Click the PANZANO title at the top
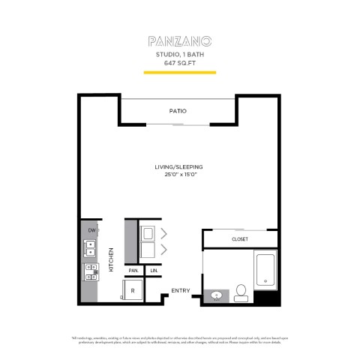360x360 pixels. click(x=179, y=39)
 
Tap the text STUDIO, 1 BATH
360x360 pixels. click(x=179, y=55)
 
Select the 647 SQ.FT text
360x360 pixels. click(x=179, y=63)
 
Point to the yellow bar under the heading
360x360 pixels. click(x=179, y=72)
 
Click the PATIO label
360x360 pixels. click(x=178, y=111)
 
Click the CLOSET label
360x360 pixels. click(x=239, y=239)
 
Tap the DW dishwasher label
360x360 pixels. click(x=91, y=230)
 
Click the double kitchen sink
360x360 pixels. click(x=90, y=248)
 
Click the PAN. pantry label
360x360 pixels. click(x=133, y=270)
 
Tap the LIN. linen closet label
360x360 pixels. click(x=154, y=270)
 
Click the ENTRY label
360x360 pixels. click(x=180, y=291)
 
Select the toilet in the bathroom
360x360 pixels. click(x=241, y=292)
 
